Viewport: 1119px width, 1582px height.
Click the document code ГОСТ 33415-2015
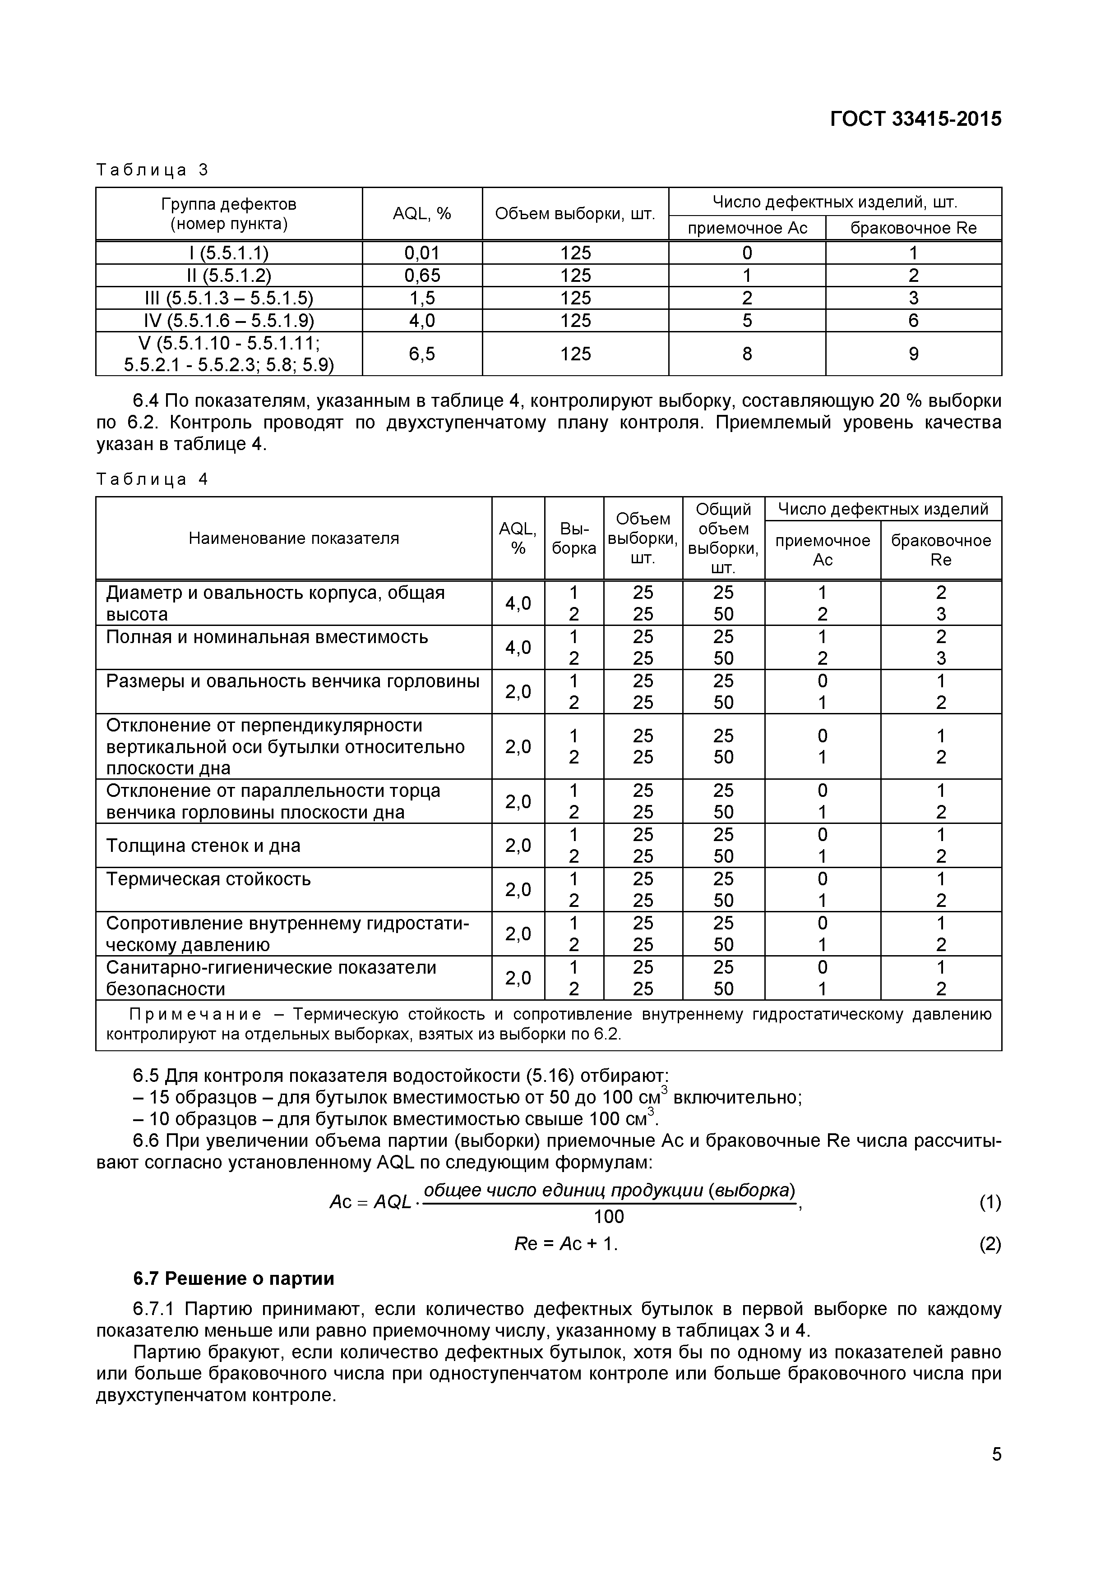915,119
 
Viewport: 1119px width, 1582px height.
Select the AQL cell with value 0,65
421,276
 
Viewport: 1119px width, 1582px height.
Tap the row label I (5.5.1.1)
229,253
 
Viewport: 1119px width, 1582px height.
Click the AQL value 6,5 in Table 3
421,354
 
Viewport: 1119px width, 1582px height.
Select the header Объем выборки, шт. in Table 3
574,214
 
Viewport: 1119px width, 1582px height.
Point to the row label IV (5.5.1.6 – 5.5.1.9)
229,320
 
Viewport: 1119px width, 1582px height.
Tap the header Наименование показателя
294,538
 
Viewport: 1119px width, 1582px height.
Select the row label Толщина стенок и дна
203,846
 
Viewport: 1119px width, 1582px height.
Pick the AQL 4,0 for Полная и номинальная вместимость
518,648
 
